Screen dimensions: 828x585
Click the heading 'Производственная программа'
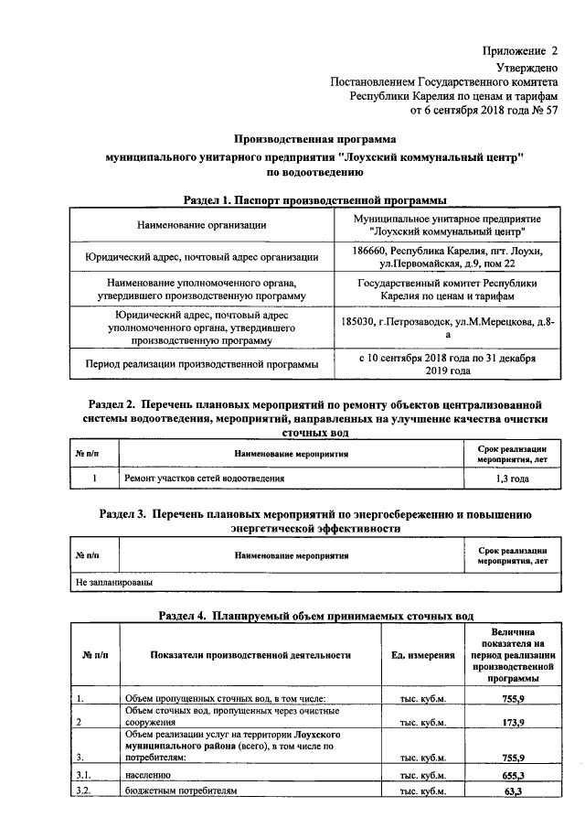[x=315, y=139]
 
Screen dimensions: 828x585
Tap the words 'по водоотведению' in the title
[x=315, y=171]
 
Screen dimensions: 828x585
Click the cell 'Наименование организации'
[x=202, y=225]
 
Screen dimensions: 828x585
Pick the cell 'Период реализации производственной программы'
[x=202, y=365]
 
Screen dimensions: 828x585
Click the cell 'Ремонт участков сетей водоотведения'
[x=204, y=479]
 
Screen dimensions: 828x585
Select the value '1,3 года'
[x=512, y=479]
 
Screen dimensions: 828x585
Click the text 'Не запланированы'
[x=113, y=581]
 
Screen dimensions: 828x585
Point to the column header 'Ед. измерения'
[x=422, y=655]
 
